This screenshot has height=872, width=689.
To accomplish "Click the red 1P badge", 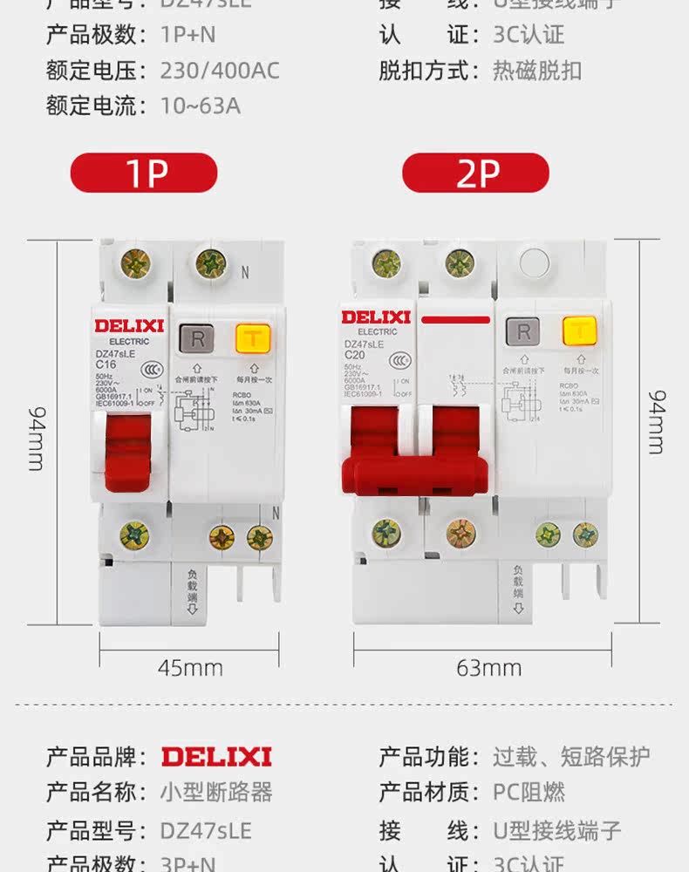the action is pyautogui.click(x=144, y=173).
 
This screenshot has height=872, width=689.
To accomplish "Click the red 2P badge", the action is pyautogui.click(x=476, y=173).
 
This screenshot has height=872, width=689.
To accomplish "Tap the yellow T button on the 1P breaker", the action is pyautogui.click(x=251, y=337).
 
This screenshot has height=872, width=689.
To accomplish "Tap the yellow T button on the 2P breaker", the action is pyautogui.click(x=579, y=332).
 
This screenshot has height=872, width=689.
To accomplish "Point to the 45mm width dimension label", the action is pyautogui.click(x=190, y=668).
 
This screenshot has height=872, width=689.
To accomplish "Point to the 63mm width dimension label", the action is pyautogui.click(x=488, y=668).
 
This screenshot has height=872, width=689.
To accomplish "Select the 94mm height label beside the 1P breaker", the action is pyautogui.click(x=36, y=437).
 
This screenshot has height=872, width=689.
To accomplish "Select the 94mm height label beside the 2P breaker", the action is pyautogui.click(x=657, y=421).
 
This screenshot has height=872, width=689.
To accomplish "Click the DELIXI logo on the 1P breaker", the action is pyautogui.click(x=129, y=325).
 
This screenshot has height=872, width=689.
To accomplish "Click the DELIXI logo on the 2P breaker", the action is pyautogui.click(x=376, y=317).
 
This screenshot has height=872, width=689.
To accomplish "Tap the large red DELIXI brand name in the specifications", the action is pyautogui.click(x=216, y=756).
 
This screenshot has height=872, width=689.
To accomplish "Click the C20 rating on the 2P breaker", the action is pyautogui.click(x=354, y=355).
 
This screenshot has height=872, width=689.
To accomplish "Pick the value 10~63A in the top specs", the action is pyautogui.click(x=200, y=106).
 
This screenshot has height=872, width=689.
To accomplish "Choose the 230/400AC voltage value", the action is pyautogui.click(x=220, y=71).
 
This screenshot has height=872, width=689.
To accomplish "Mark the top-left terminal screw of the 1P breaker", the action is pyautogui.click(x=135, y=261).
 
